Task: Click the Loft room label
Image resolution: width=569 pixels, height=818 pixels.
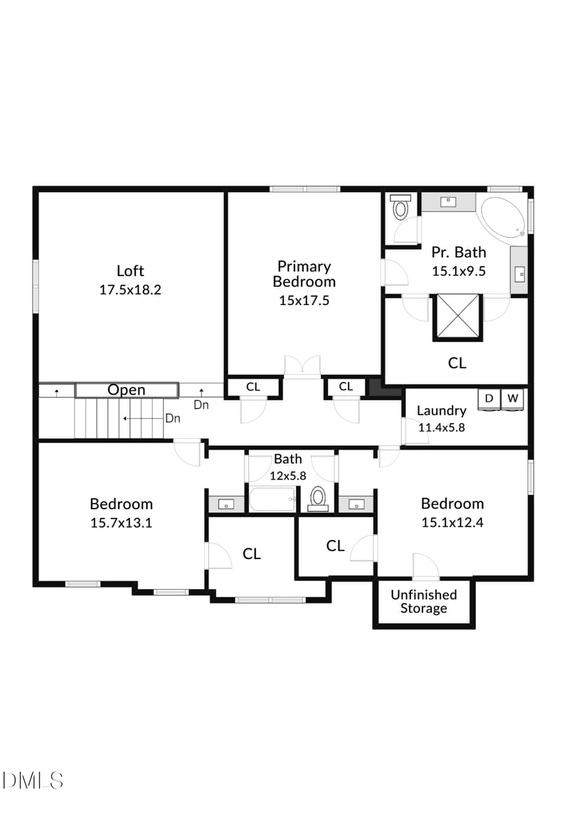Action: click(x=130, y=270)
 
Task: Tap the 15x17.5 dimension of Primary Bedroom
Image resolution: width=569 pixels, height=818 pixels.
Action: click(x=304, y=300)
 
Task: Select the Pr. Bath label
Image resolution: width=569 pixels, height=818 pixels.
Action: click(x=459, y=252)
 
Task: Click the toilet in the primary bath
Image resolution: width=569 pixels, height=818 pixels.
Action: click(x=400, y=208)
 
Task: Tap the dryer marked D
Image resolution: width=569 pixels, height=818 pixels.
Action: click(x=489, y=398)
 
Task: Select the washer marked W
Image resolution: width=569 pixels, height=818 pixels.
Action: click(x=512, y=398)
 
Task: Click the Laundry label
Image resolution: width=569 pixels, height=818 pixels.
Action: click(x=441, y=410)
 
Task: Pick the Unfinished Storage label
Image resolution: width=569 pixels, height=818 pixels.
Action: click(x=423, y=601)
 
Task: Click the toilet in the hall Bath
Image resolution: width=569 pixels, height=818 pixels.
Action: click(x=318, y=498)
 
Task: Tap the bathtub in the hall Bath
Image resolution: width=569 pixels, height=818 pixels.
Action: click(x=272, y=499)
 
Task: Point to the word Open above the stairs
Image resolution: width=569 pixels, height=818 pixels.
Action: click(x=127, y=390)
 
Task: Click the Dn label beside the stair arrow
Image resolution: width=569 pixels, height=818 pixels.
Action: click(x=172, y=418)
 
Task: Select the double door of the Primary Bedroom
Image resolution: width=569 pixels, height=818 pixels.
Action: click(x=303, y=366)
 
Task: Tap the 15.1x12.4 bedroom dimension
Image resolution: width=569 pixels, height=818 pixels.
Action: click(x=452, y=522)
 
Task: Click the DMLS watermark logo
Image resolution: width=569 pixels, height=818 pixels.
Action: click(x=33, y=780)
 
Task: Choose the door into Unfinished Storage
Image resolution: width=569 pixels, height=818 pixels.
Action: click(x=425, y=567)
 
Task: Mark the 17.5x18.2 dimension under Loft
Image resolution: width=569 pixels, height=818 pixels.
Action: click(x=130, y=290)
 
